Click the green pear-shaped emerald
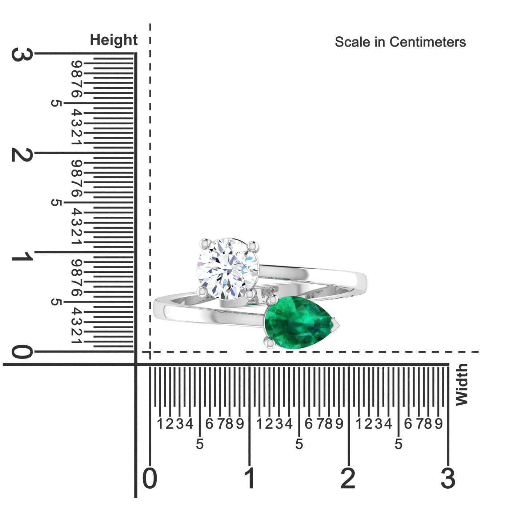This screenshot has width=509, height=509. (x=298, y=322)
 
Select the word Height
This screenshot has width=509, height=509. (x=113, y=40)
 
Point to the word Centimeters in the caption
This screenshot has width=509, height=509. (x=428, y=42)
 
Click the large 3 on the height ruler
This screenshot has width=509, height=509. (x=22, y=55)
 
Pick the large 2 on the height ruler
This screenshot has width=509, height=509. (x=22, y=155)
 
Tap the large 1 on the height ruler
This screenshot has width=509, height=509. (x=22, y=256)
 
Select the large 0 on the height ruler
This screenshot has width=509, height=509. (x=22, y=352)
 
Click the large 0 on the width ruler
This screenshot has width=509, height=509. (x=149, y=478)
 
